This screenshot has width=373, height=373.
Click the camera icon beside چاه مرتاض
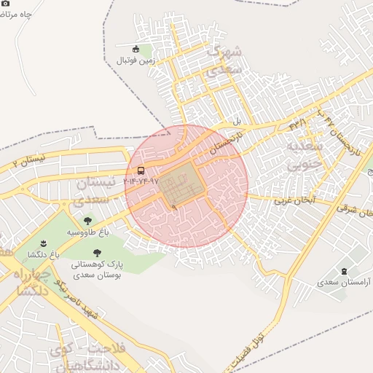(x=7, y=4)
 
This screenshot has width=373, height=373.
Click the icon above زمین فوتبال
(x=136, y=49)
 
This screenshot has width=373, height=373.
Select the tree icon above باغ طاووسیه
(x=88, y=220)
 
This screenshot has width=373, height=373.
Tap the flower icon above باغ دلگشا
(x=42, y=243)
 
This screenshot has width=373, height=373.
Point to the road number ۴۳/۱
(x=298, y=125)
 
